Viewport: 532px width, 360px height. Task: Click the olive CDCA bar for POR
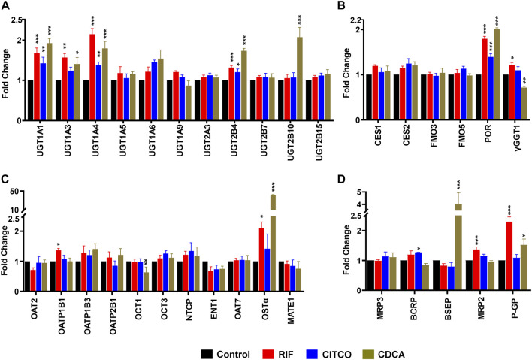pos(476,75)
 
